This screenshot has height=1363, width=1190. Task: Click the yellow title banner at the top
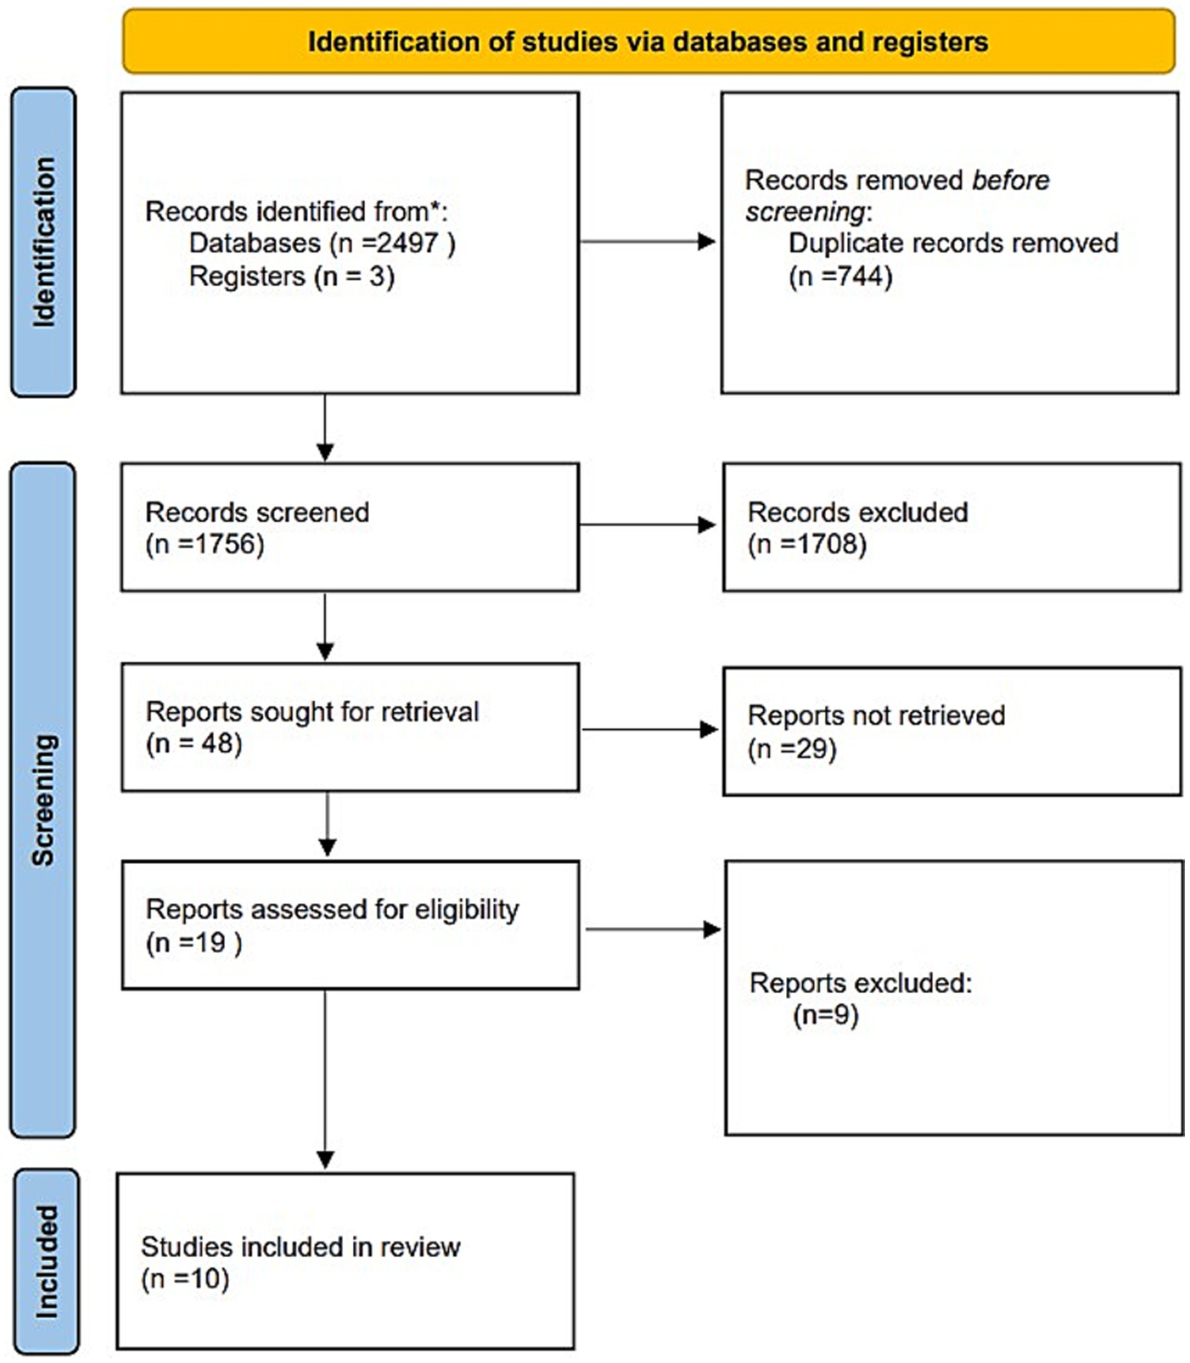point(648,41)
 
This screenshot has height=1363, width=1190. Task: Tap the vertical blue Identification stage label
point(43,242)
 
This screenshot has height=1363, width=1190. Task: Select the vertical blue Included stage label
point(47,1261)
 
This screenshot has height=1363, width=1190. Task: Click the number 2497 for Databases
point(406,242)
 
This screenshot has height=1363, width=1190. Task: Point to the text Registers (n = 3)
point(291,276)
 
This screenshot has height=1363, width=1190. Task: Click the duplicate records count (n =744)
point(840,276)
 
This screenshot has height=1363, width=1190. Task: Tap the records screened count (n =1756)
point(205,544)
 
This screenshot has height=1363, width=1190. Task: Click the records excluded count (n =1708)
point(807,544)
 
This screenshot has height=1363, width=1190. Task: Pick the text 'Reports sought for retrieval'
point(312,711)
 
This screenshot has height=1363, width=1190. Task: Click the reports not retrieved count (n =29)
point(792,748)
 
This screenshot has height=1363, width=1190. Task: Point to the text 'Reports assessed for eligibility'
point(332,909)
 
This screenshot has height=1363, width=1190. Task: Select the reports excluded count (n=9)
point(825,1016)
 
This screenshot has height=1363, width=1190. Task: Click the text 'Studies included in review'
point(301,1246)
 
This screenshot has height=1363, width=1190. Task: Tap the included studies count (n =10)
point(185,1278)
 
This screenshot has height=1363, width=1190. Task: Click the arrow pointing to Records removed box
point(648,242)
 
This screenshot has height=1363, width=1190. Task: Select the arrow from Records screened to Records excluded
point(648,525)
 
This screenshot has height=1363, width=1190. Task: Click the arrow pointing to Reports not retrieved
point(650,730)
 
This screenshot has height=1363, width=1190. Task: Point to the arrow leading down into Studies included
point(326,1080)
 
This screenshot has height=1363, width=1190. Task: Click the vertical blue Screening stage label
point(42,800)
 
